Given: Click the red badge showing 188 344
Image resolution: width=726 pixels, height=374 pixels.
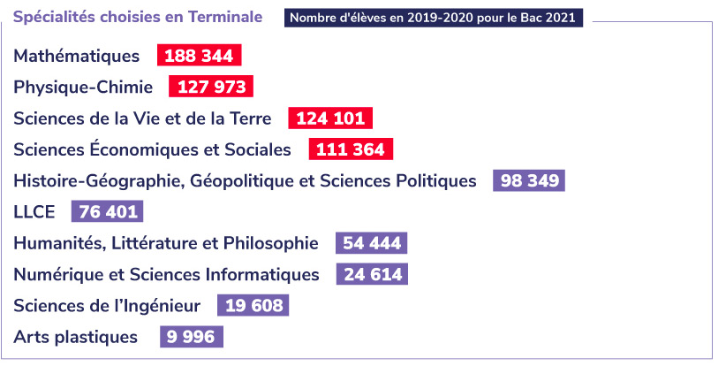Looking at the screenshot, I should (x=199, y=56).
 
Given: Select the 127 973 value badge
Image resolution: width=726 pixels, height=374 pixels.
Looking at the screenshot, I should (x=211, y=87).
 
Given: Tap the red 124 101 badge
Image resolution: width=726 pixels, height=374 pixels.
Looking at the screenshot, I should (x=330, y=118).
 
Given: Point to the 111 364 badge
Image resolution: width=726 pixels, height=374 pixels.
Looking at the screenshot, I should (x=350, y=149).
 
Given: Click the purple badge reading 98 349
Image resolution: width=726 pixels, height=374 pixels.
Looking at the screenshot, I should (x=529, y=181).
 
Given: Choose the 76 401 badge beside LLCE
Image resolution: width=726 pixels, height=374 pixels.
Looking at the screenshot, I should (x=107, y=212).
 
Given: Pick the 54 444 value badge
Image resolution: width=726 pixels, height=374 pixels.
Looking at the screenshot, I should (x=371, y=243).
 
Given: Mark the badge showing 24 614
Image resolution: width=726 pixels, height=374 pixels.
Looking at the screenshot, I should (x=372, y=274).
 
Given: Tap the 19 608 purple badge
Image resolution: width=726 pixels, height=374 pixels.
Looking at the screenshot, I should (x=253, y=306).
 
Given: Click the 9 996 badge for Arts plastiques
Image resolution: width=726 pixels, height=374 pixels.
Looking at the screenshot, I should (x=191, y=337).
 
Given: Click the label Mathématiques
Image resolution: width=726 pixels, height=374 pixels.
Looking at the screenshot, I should (x=77, y=56).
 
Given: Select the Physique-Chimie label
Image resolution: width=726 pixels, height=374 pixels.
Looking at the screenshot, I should (x=83, y=87).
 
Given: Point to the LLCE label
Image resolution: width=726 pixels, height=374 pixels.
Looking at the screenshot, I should (x=34, y=212).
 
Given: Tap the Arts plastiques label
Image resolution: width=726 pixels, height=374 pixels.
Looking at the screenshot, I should (x=76, y=337).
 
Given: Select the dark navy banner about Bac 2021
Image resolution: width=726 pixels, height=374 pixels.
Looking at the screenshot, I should (x=433, y=18).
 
